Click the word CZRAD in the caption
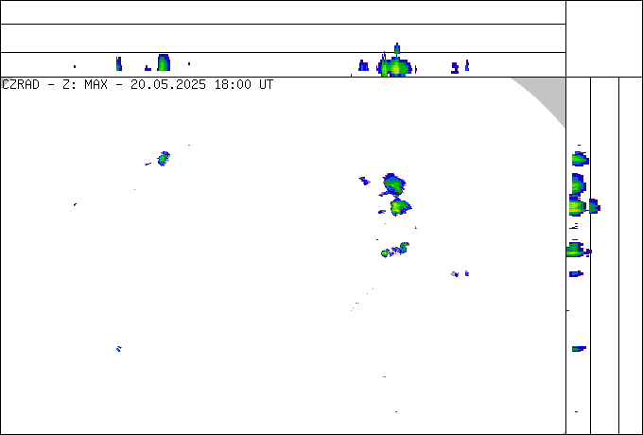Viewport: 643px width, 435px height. [21, 85]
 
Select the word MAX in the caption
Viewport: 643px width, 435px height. [96, 85]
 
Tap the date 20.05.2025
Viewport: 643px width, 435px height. [168, 85]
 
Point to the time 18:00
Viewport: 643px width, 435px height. [233, 85]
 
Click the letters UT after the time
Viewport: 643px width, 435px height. [266, 85]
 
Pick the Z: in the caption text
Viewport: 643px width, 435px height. [69, 85]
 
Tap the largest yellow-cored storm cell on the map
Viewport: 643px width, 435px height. [400, 207]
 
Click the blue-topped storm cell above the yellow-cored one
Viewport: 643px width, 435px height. [392, 184]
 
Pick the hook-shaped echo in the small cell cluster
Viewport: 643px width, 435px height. [403, 247]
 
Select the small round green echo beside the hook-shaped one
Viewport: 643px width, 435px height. [385, 253]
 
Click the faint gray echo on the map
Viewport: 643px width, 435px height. [455, 274]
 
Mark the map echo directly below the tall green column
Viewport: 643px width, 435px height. [164, 158]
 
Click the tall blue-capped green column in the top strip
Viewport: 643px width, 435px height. [164, 62]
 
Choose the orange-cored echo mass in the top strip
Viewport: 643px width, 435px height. [395, 68]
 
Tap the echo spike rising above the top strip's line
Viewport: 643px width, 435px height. [396, 48]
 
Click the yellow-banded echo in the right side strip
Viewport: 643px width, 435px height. [578, 206]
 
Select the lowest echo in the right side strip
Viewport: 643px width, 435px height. [576, 411]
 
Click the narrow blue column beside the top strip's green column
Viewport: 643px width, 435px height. [119, 63]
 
